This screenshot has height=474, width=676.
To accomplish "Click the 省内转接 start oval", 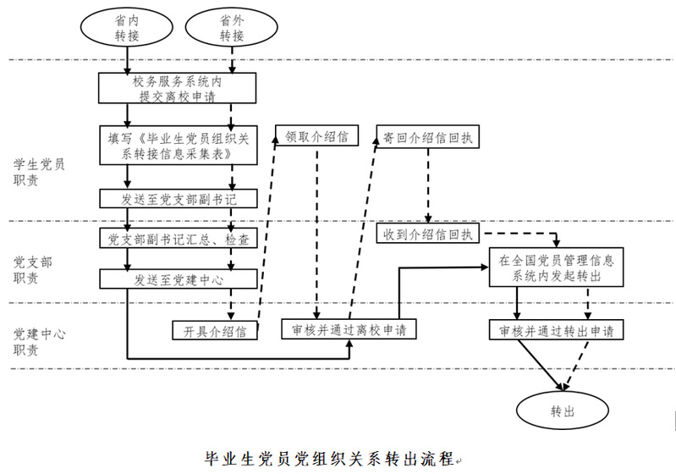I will click(126, 28).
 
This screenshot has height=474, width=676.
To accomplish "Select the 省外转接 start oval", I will click(232, 28).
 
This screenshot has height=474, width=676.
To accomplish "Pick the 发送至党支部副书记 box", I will click(177, 198).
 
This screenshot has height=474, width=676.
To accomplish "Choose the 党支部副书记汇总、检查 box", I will click(177, 240).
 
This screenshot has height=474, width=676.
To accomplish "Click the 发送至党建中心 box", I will click(177, 278).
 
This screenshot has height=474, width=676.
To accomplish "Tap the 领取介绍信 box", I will click(316, 135).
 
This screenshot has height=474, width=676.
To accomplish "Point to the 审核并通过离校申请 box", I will click(349, 329).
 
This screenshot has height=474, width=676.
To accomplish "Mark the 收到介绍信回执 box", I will click(431, 233).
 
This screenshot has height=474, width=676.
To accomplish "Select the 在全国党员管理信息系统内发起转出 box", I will click(557, 267).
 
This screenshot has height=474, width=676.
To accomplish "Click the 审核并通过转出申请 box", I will click(557, 329).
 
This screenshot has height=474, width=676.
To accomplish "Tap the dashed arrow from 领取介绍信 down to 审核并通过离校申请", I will click(316, 229).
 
